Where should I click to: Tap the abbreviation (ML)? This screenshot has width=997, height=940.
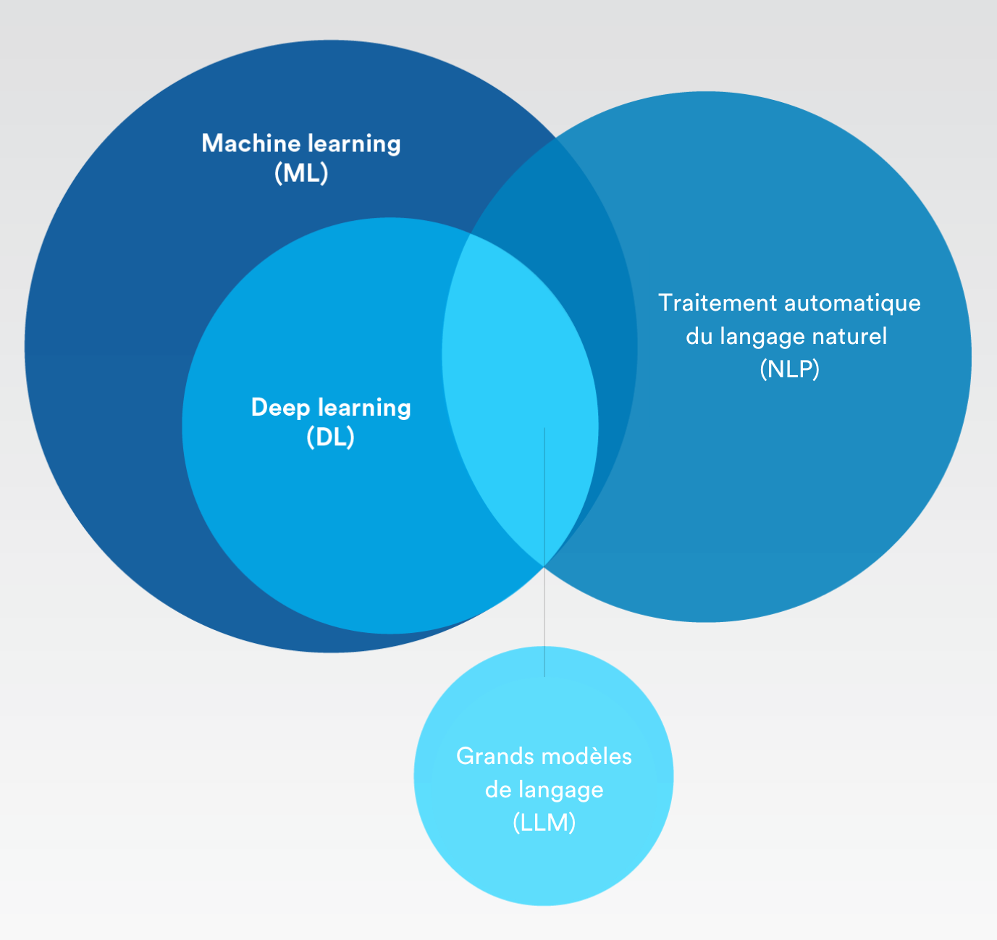tap(301, 174)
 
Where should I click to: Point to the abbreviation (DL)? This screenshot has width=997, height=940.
tap(330, 437)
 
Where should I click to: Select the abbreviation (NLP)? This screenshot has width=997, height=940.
tap(789, 369)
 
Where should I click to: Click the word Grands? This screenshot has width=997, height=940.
tap(496, 757)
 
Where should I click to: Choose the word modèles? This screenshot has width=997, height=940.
tap(587, 757)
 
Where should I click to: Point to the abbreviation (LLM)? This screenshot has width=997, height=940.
tap(544, 823)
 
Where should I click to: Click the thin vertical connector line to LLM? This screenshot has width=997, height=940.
tap(544, 623)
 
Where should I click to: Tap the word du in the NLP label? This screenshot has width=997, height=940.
tap(699, 337)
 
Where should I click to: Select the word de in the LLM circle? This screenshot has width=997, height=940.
tap(498, 790)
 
